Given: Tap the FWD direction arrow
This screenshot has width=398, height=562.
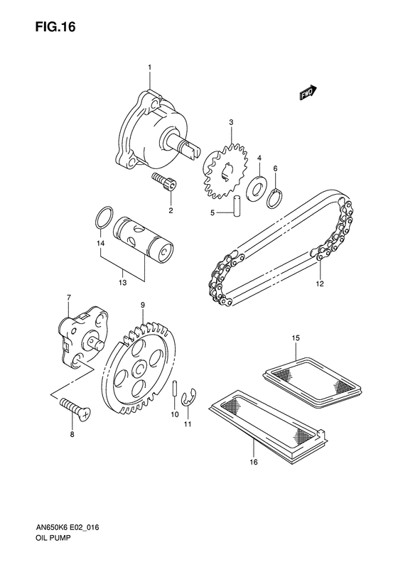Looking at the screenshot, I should (x=308, y=93).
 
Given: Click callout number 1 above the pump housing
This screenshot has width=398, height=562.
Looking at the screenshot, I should (x=150, y=67).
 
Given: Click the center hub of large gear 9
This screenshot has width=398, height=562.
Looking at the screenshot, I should (x=141, y=366).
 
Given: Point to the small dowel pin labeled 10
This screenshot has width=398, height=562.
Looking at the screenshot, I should (x=174, y=391).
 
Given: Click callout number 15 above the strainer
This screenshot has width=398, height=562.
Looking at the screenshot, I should (x=296, y=337).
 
